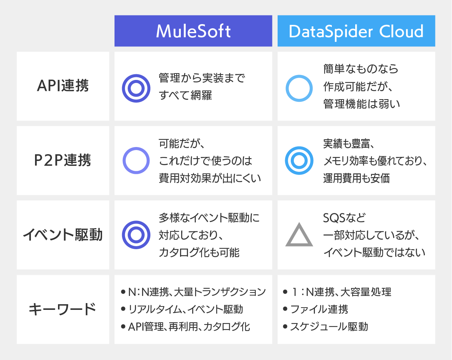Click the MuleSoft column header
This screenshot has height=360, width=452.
pyautogui.click(x=193, y=31)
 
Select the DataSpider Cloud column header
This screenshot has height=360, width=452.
pyautogui.click(x=356, y=31)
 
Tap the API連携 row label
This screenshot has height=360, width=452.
pyautogui.click(x=63, y=86)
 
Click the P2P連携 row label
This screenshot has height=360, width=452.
pyautogui.click(x=63, y=160)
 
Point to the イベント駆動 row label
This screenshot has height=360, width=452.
pyautogui.click(x=63, y=235)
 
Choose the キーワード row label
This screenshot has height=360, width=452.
pyautogui.click(x=63, y=309)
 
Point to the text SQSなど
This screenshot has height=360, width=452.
pyautogui.click(x=344, y=218)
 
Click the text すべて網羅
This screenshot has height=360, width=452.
pyautogui.click(x=185, y=95)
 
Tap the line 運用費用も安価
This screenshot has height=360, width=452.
pyautogui.click(x=356, y=178)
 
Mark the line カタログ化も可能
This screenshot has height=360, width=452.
pyautogui.click(x=199, y=252)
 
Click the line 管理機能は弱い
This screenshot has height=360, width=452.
pyautogui.click(x=362, y=104)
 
